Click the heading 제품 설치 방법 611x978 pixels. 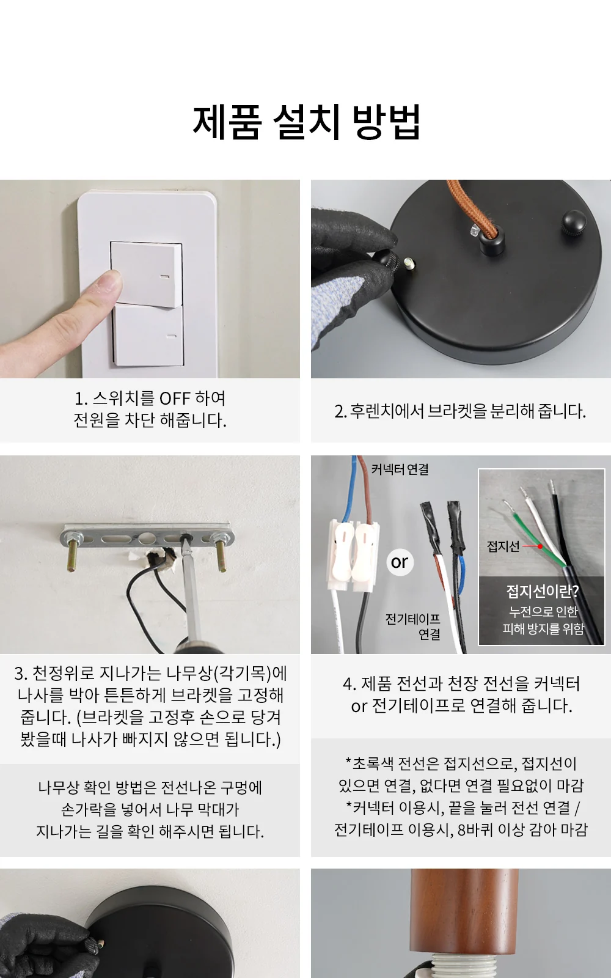click(306, 122)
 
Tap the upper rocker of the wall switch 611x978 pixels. click(146, 274)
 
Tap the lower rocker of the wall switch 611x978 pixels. click(148, 336)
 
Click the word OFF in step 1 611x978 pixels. click(175, 398)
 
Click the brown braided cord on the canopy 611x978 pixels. click(471, 206)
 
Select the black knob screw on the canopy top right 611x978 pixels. click(576, 223)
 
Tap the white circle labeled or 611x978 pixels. click(400, 562)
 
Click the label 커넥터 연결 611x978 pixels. click(400, 469)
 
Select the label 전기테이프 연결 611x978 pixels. click(413, 627)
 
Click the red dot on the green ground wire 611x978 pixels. click(540, 546)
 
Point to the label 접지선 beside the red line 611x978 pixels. click(503, 546)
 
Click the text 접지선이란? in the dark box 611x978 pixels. click(543, 591)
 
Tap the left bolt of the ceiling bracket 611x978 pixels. click(73, 551)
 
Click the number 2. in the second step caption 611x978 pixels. click(340, 411)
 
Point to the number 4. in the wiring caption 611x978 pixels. click(349, 684)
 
